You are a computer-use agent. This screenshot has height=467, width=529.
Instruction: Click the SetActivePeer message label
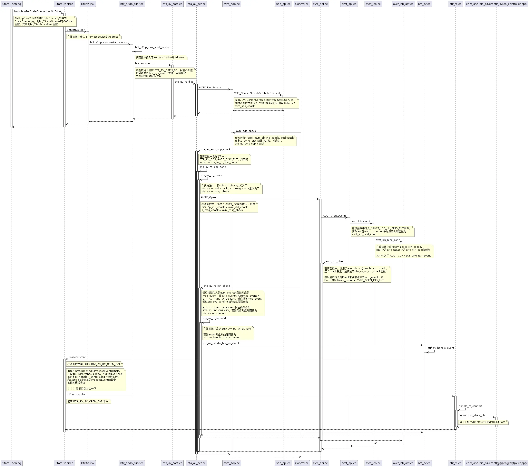[76, 30]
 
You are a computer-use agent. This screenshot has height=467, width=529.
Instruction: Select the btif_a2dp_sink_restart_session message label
[109, 42]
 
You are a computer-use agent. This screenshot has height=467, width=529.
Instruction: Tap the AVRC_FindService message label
[210, 87]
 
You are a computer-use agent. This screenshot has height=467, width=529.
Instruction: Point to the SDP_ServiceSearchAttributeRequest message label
[257, 93]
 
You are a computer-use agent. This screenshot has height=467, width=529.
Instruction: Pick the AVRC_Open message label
[208, 197]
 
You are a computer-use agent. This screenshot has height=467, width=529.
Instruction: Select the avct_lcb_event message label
[360, 221]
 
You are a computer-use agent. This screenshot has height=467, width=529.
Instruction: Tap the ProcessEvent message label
[77, 357]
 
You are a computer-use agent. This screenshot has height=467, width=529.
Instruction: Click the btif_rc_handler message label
[76, 394]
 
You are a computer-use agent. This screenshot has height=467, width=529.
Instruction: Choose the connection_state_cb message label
[472, 415]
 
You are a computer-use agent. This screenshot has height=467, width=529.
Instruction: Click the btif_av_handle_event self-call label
[440, 348]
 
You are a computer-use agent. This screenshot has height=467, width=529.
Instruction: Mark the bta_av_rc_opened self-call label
[214, 318]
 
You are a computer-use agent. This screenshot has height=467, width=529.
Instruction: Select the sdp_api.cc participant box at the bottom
[283, 463]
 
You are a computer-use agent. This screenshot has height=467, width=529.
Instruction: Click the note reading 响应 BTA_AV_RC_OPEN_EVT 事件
[89, 401]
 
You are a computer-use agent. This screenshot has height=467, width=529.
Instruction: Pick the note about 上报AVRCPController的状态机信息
[483, 422]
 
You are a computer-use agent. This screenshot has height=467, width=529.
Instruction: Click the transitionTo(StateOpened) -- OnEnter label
[37, 11]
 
